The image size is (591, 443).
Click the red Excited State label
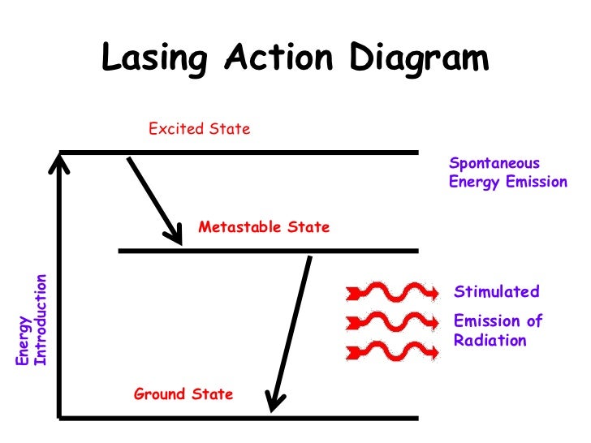coord(199,128)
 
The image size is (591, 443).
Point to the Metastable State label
coord(264,226)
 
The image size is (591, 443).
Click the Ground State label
coord(183,394)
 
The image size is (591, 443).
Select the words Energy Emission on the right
coord(507,182)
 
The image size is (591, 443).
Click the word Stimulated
coord(496,292)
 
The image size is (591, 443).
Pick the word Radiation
coord(490,340)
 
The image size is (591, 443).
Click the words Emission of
coord(497,320)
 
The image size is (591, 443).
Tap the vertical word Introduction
coord(41,320)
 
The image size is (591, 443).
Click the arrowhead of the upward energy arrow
coord(58,165)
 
